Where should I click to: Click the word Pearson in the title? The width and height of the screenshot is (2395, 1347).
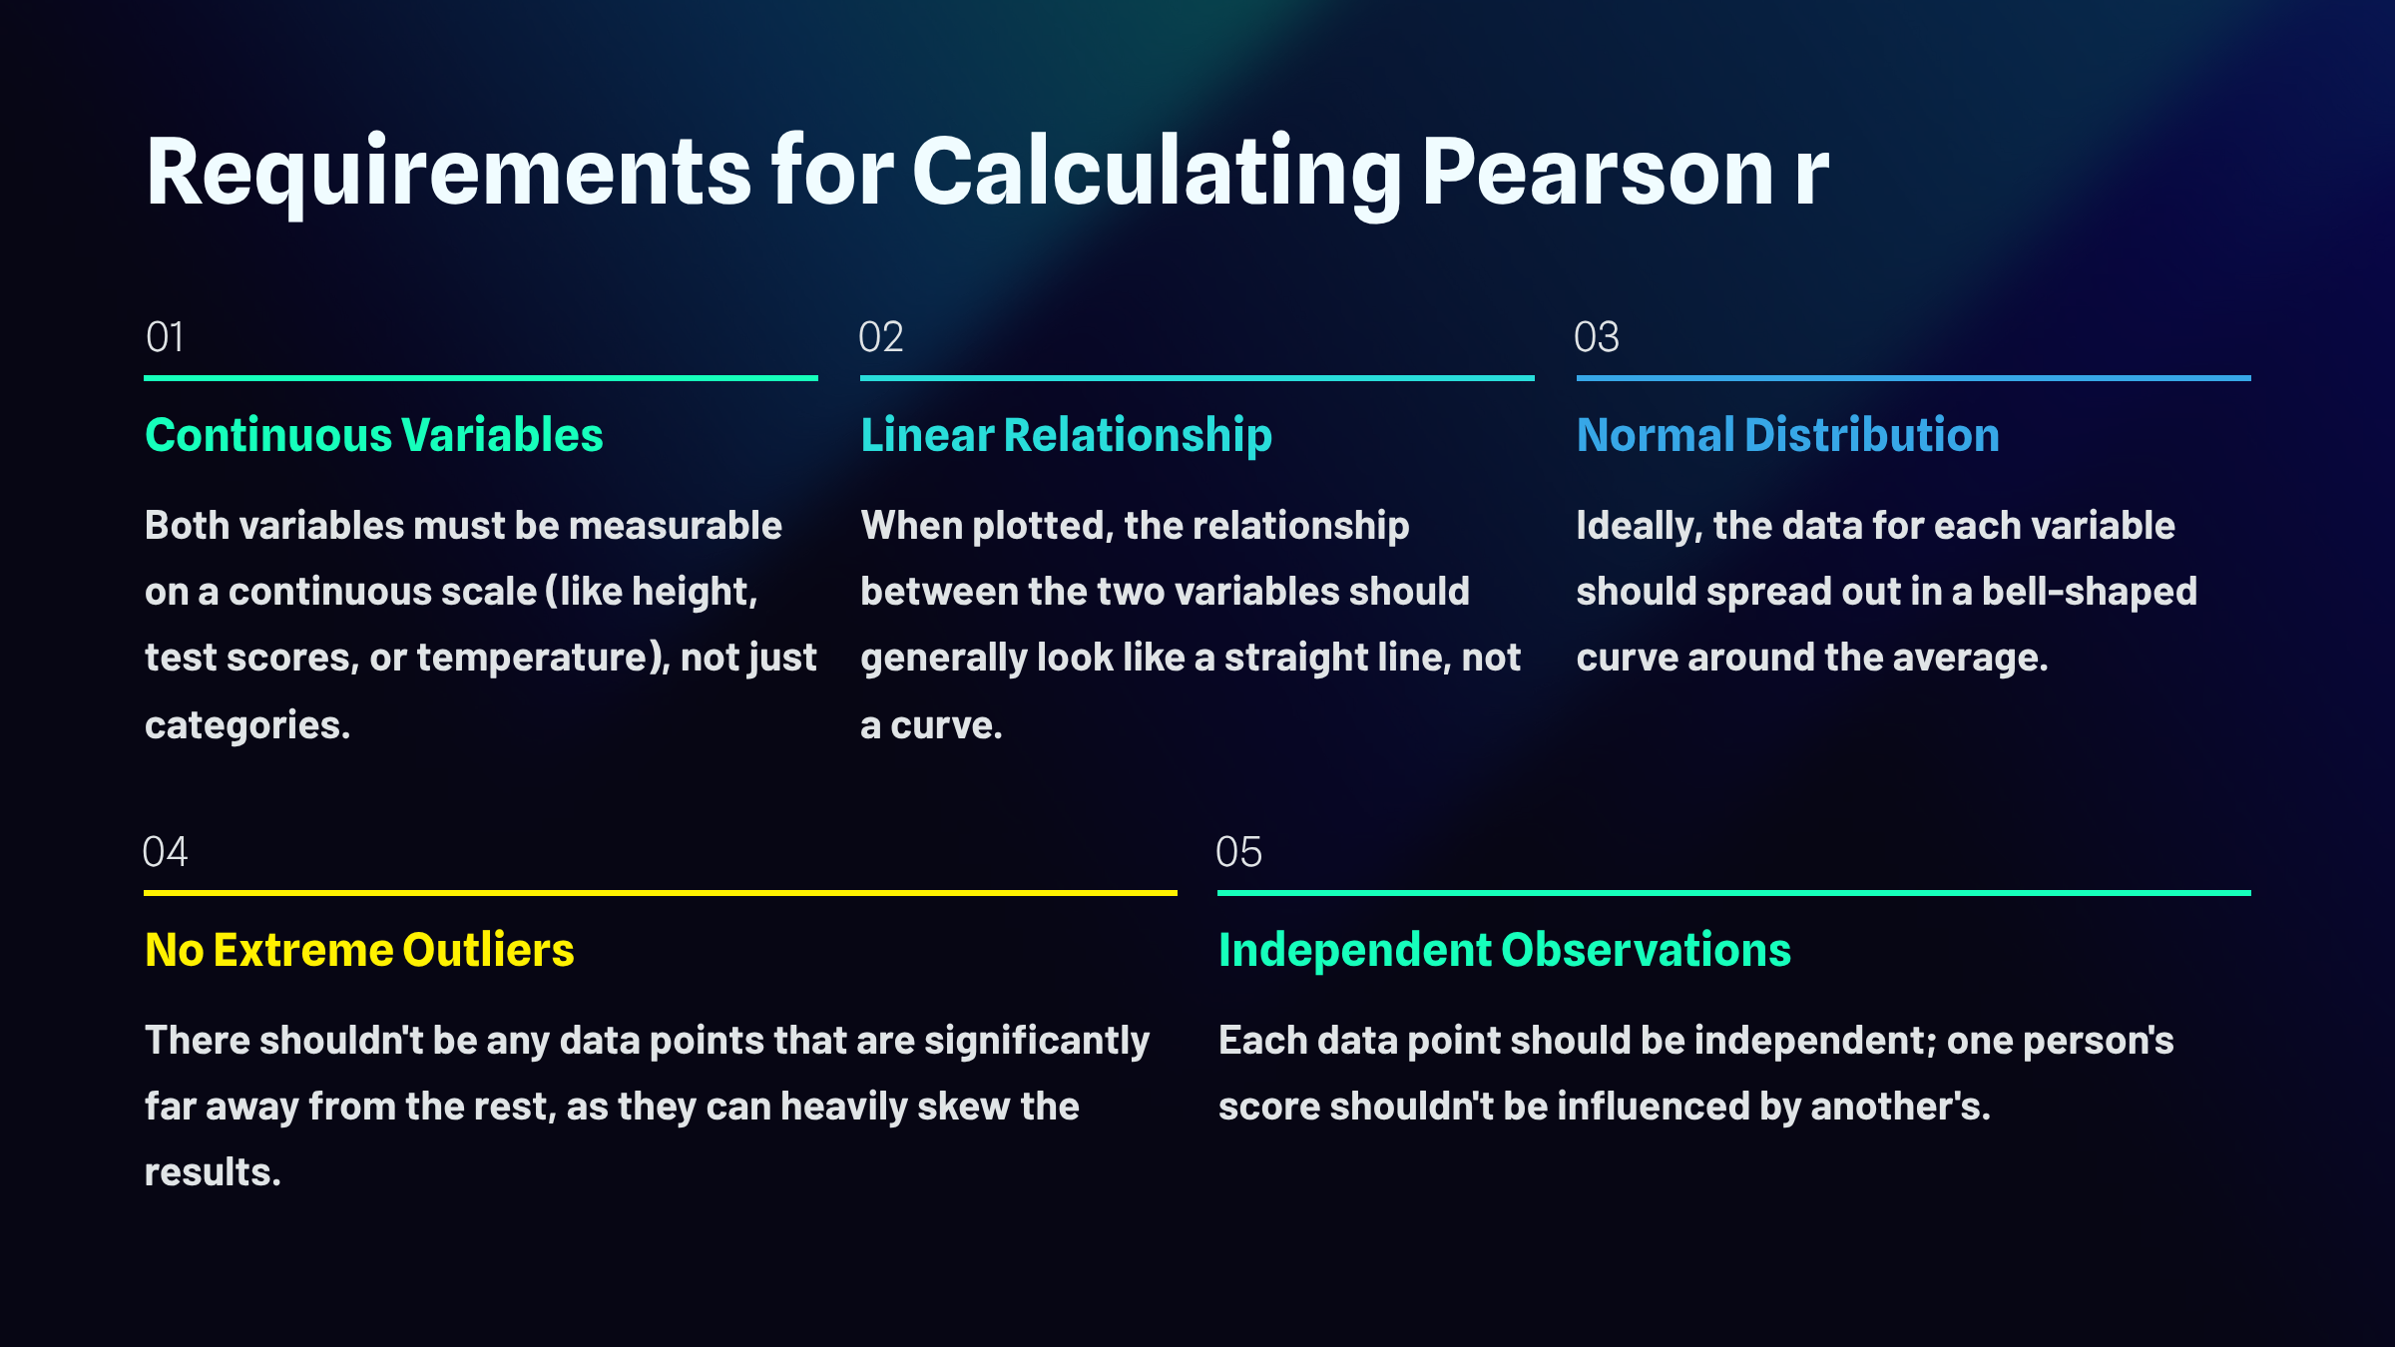click(1597, 172)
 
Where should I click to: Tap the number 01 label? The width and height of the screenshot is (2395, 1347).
click(165, 337)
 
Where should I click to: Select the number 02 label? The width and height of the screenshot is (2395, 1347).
click(881, 337)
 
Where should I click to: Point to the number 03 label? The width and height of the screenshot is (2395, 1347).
click(1597, 337)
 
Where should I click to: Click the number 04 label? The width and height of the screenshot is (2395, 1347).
click(165, 852)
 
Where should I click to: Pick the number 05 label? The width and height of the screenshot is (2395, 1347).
click(1238, 852)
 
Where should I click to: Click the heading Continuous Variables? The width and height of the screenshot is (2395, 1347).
click(374, 435)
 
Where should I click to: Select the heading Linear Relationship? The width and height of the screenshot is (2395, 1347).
click(1067, 436)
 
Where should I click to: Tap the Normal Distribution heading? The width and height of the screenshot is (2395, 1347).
click(1788, 435)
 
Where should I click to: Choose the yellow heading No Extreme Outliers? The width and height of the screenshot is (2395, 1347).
click(359, 950)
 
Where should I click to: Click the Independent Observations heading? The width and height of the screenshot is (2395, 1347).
click(1505, 950)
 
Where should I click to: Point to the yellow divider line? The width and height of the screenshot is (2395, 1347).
click(661, 893)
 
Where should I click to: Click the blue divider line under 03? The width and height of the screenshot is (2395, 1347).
click(1914, 378)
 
